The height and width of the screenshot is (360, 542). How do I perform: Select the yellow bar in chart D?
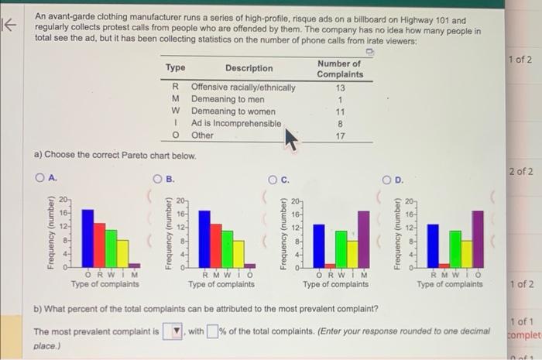tap(467, 251)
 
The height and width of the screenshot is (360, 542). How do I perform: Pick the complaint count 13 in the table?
tap(339, 87)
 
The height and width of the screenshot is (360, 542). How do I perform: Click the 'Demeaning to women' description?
tap(233, 111)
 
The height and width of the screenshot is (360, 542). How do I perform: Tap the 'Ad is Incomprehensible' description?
tap(236, 123)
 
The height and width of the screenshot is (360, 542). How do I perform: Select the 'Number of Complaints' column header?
tap(339, 69)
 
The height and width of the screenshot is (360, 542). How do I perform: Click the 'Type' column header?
tap(176, 68)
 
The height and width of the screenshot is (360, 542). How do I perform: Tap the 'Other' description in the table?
tap(202, 135)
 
